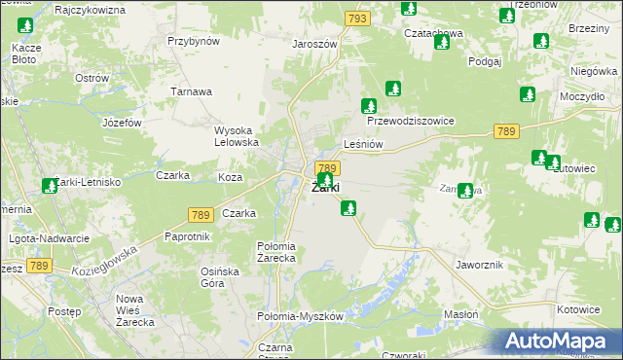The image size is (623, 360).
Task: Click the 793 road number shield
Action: tap(357, 18)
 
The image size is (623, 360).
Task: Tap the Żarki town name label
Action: tap(325, 189)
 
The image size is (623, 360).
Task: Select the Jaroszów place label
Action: tap(313, 44)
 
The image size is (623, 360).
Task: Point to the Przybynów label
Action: tap(194, 41)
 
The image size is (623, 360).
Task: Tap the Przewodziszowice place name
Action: tap(411, 122)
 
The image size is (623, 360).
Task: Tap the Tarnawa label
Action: tap(192, 91)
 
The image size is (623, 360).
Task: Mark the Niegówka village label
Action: tap(595, 71)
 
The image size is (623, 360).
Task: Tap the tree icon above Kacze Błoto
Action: tap(26, 25)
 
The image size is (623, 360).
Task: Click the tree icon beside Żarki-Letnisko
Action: tap(50, 185)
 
